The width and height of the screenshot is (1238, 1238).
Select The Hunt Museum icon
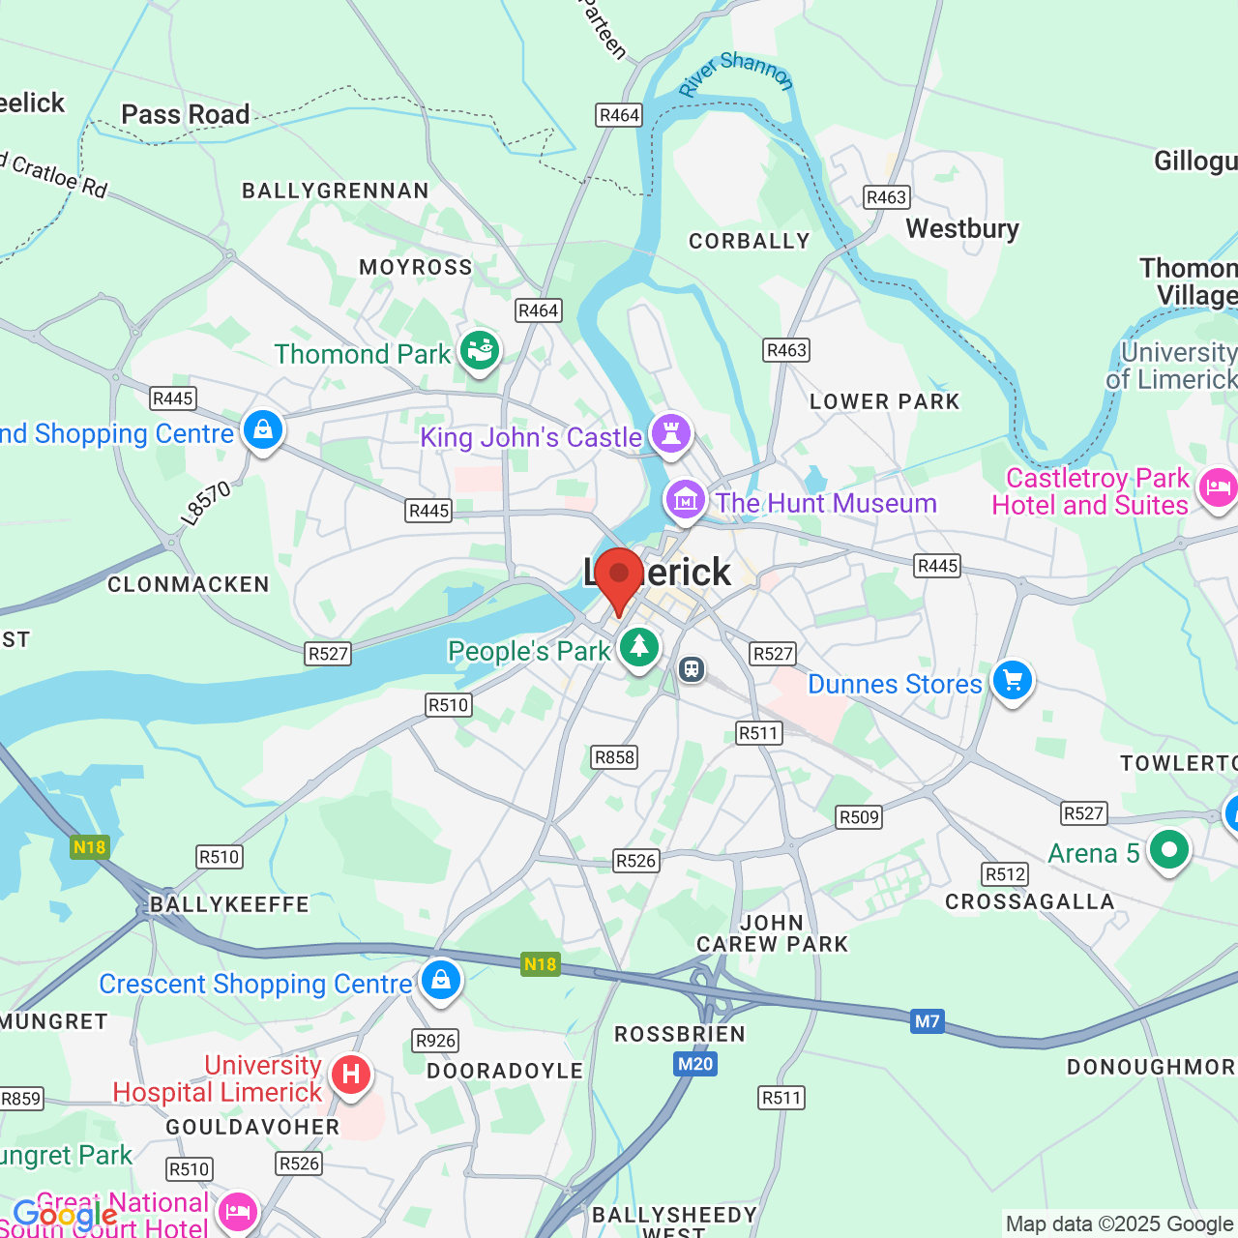tap(686, 500)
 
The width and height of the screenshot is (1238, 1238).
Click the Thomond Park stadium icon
tap(479, 349)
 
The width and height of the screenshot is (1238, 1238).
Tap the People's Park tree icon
tap(638, 647)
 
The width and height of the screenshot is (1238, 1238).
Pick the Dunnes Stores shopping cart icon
tap(1012, 681)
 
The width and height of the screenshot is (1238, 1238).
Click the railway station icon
tap(692, 668)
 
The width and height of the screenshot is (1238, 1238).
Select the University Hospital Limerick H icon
tap(351, 1075)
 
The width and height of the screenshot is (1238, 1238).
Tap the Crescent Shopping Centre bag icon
tap(441, 980)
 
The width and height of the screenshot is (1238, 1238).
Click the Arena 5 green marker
tap(1168, 850)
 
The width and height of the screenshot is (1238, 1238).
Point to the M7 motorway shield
tap(927, 1021)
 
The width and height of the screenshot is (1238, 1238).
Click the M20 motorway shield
tap(694, 1065)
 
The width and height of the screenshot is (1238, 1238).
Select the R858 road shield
tap(614, 757)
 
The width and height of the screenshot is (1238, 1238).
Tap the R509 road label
tap(859, 817)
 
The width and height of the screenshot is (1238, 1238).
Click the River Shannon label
tap(736, 74)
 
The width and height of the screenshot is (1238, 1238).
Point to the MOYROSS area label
tap(416, 268)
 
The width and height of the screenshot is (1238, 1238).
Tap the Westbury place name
tap(962, 229)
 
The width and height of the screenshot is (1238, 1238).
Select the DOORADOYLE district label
tap(505, 1072)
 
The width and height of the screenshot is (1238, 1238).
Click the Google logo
tap(65, 1215)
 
